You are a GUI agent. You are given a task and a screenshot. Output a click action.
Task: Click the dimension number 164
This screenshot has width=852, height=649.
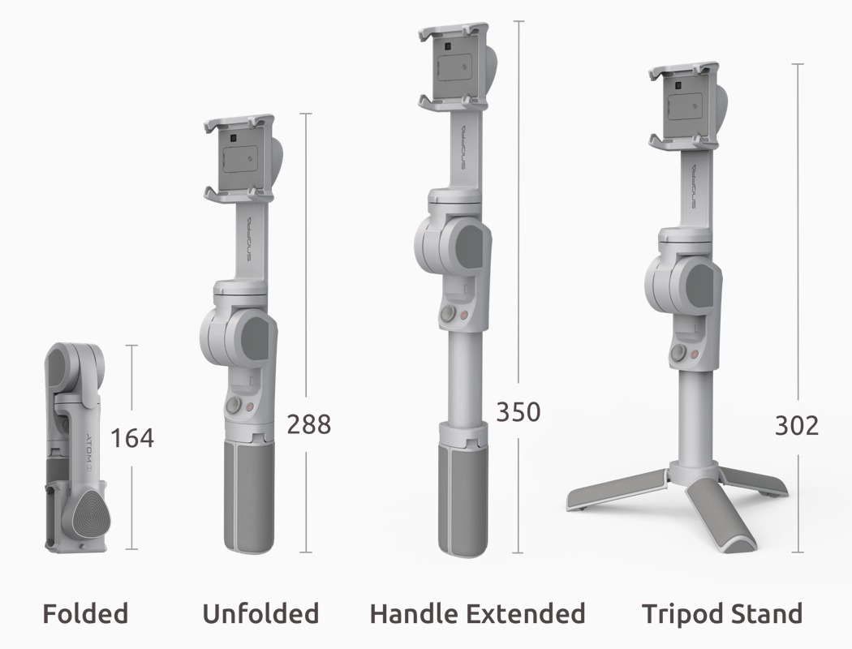(x=132, y=438)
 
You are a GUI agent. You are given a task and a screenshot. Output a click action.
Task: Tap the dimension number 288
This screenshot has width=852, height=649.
(x=308, y=424)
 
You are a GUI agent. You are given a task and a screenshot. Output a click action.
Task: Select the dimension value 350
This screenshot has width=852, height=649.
(x=519, y=411)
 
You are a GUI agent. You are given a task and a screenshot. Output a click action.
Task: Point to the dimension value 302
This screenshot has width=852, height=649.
(x=797, y=426)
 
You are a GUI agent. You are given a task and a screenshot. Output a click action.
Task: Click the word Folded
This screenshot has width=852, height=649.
(x=85, y=613)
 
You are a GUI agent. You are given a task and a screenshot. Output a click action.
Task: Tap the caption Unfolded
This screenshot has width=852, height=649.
(x=260, y=613)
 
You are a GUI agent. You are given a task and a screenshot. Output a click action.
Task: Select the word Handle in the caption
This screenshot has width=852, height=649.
(x=413, y=613)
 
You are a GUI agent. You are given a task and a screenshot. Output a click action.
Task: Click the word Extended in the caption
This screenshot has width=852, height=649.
(x=526, y=613)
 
